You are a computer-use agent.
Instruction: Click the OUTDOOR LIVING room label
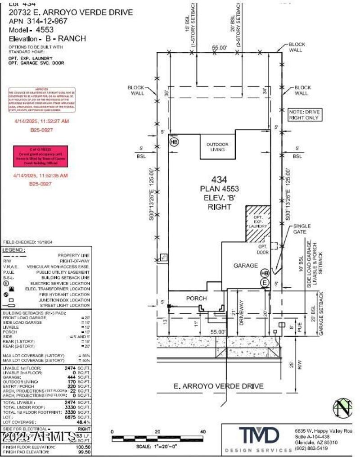(217, 147)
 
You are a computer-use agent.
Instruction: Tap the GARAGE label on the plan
(245, 266)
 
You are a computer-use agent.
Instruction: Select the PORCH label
(196, 299)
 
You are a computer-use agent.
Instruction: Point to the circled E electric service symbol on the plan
(265, 282)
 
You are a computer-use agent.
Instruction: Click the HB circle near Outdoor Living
(174, 142)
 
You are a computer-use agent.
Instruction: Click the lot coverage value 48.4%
(84, 422)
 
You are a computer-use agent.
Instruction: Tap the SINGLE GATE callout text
(302, 229)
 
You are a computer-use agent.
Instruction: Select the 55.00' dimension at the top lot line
(220, 47)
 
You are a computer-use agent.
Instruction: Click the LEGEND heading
(14, 250)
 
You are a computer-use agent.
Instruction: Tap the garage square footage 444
(77, 377)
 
